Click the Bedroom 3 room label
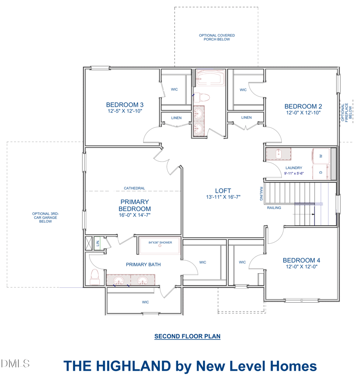click(125, 105)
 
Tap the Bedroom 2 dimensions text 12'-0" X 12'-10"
click(303, 113)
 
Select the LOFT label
click(223, 191)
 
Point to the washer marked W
click(321, 156)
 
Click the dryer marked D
click(321, 172)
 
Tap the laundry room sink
click(279, 154)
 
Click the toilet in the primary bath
click(94, 277)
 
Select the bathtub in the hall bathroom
click(210, 78)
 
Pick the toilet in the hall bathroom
click(202, 98)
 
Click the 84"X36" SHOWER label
click(160, 242)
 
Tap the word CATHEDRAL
click(134, 188)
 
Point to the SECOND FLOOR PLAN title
click(187, 336)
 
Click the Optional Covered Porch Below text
click(217, 37)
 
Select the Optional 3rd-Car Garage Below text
click(45, 218)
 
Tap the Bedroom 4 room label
click(301, 260)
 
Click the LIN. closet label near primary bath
click(98, 243)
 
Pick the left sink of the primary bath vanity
click(118, 280)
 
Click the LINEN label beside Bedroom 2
click(247, 118)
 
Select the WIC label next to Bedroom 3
click(174, 90)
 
